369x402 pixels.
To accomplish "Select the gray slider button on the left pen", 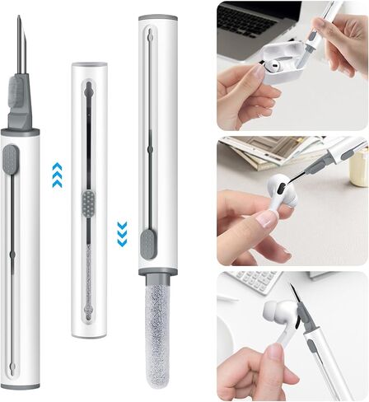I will point(12,160).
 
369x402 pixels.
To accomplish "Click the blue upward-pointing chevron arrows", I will point(57,175).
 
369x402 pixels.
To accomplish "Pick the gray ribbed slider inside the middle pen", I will point(90,199).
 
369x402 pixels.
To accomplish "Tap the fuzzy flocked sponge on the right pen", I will point(154,330).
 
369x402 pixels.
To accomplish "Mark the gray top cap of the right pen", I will point(156,17).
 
